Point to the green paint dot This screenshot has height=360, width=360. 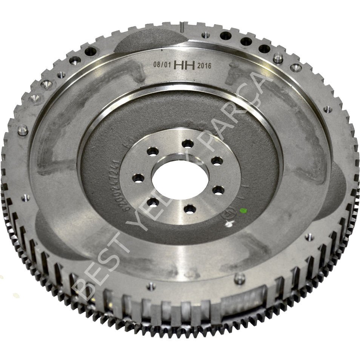(x=243, y=211)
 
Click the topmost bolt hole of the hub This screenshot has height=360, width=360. (x=188, y=143)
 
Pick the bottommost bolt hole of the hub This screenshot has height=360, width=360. (x=190, y=209)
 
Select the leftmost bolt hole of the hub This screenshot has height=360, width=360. (x=138, y=178)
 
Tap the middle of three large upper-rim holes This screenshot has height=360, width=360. (x=246, y=42)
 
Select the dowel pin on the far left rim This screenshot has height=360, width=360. (x=23, y=130)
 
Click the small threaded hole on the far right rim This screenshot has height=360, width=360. (x=328, y=109)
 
